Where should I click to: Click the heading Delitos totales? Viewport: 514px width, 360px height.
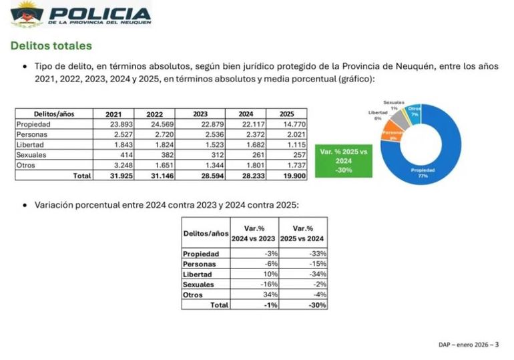coord(50,46)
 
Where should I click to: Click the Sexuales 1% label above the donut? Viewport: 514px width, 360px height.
coord(395,104)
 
